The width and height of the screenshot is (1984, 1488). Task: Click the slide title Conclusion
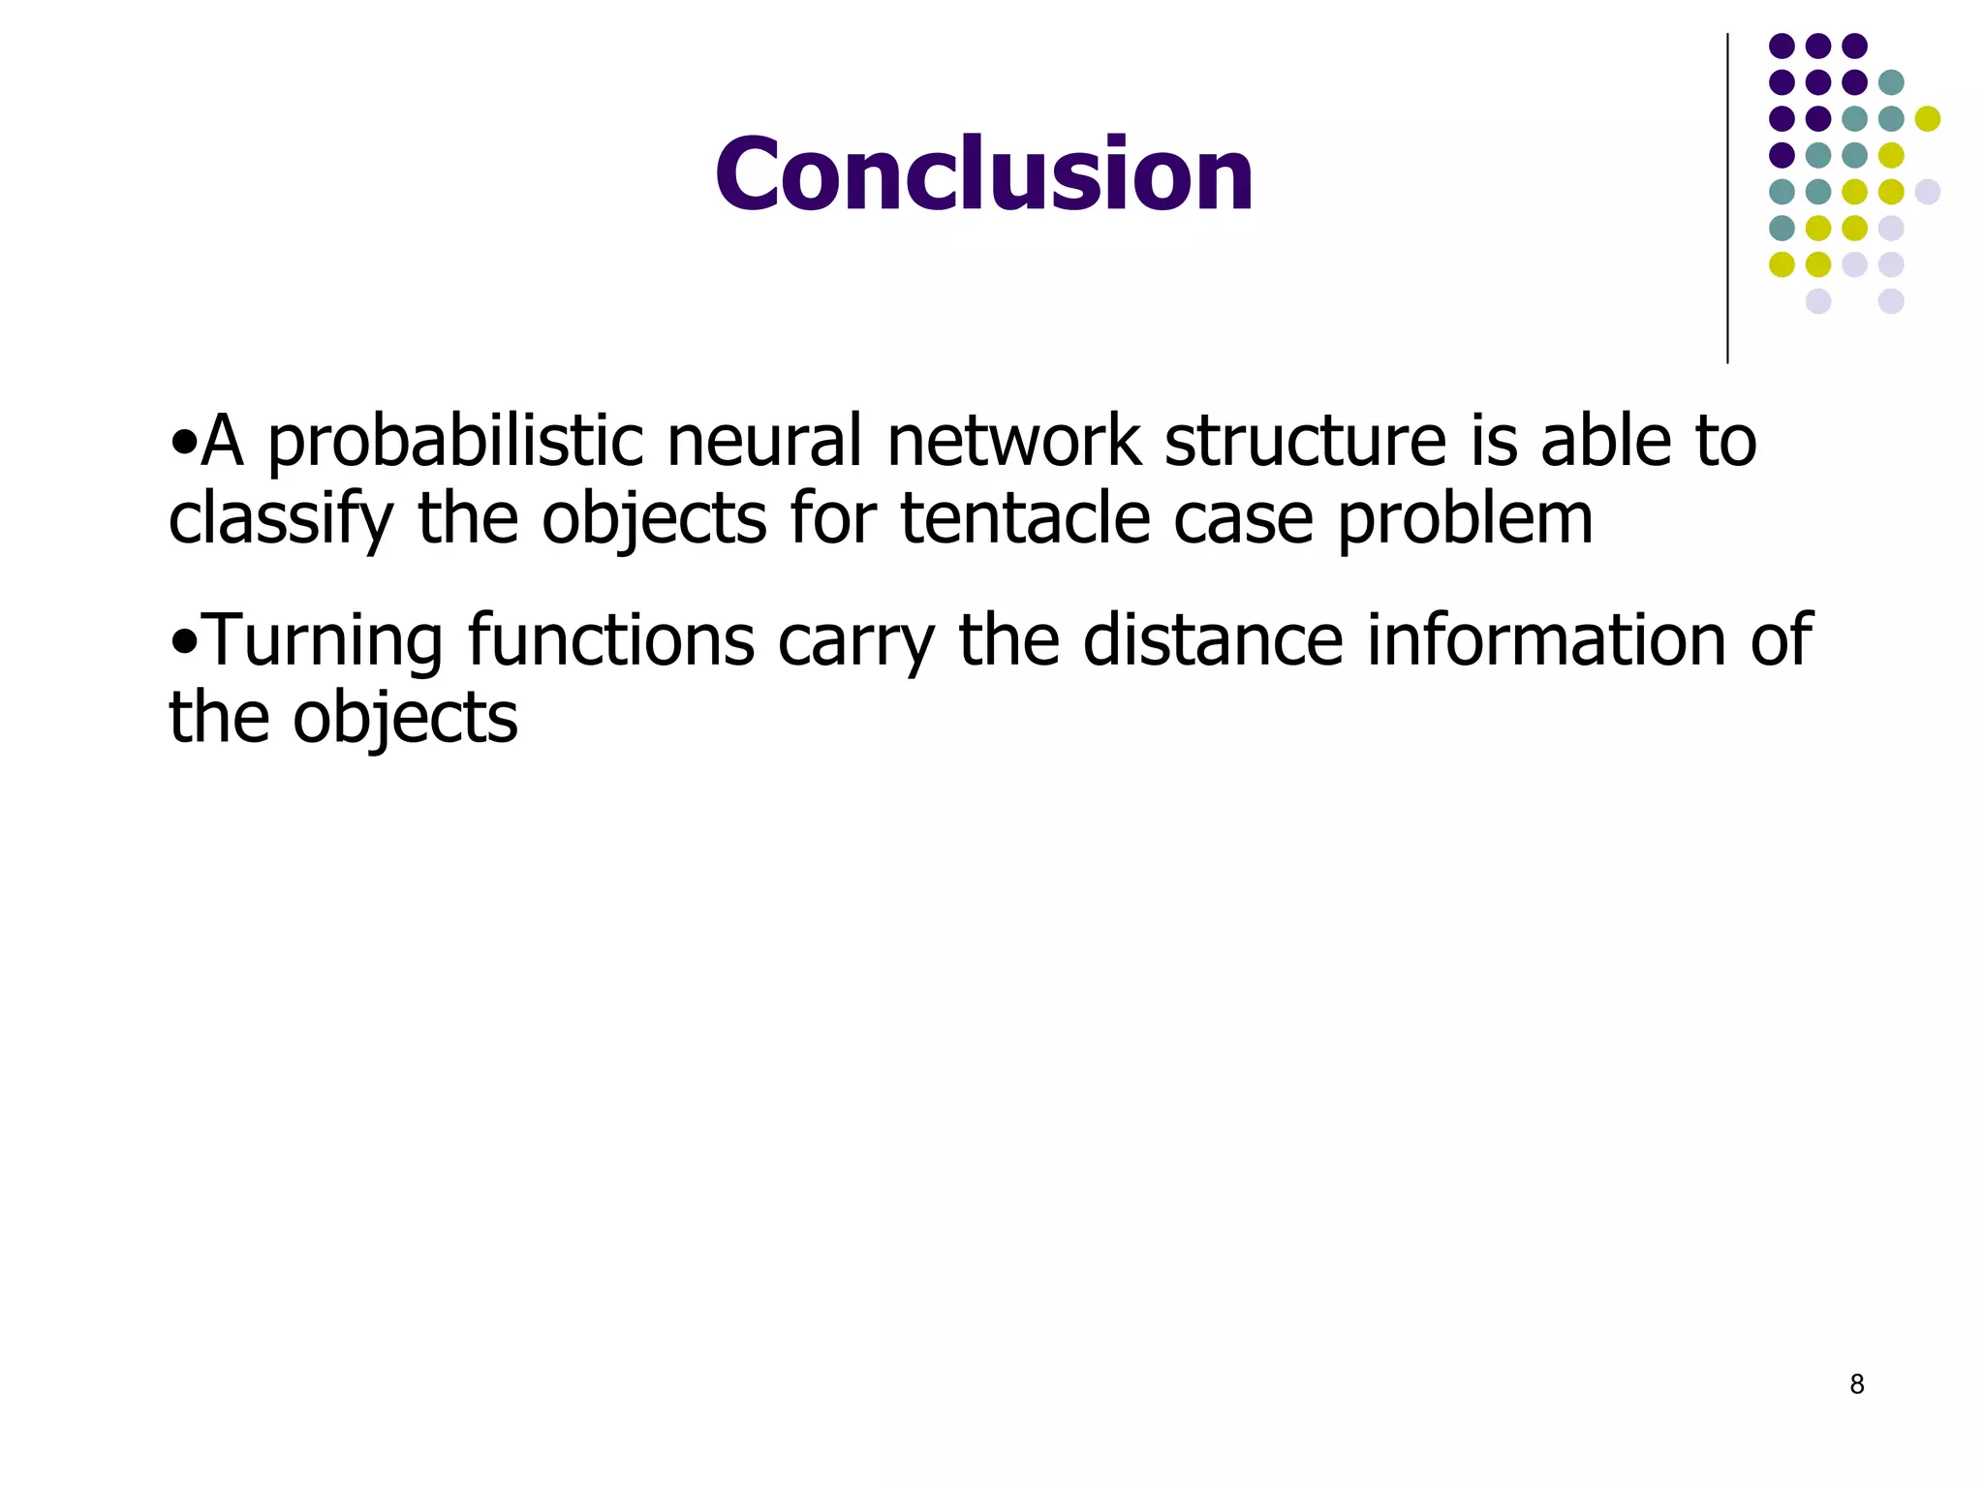pos(983,174)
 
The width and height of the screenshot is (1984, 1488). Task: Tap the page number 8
pos(1856,1384)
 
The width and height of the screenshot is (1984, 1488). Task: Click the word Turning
pos(325,642)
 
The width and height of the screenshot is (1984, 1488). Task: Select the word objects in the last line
pos(405,721)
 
